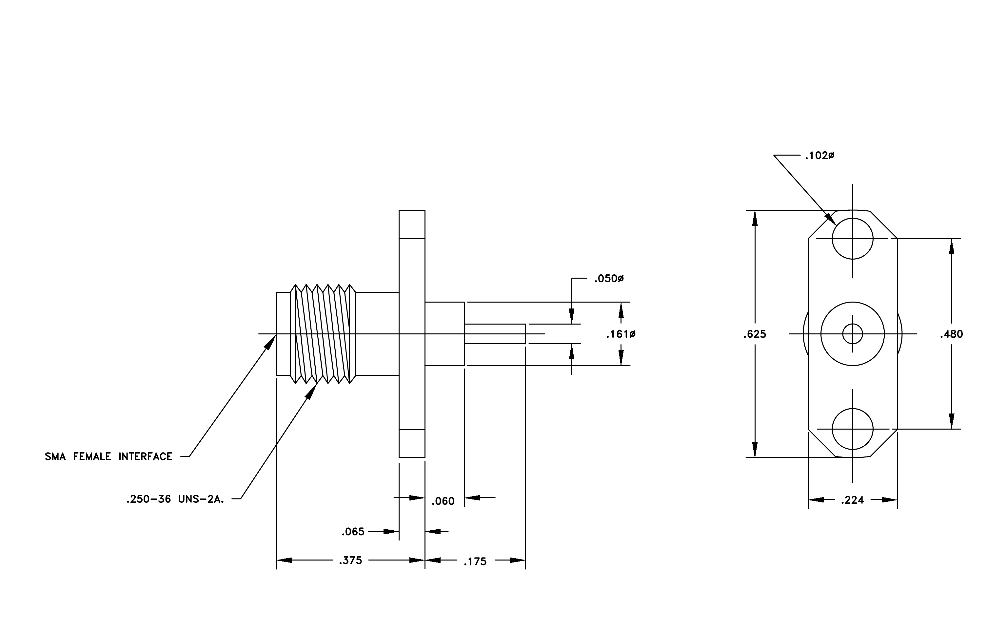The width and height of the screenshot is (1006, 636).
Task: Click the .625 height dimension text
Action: [x=755, y=334]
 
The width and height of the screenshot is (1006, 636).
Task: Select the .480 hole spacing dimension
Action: [x=951, y=334]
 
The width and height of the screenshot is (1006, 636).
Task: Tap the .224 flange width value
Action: [x=852, y=500]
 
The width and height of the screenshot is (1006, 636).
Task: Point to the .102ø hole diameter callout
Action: [x=820, y=156]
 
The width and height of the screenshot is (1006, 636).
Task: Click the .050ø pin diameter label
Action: [x=609, y=279]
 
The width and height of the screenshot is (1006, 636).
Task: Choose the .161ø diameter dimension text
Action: [x=621, y=334]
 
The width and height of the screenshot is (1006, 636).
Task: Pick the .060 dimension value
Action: [x=443, y=501]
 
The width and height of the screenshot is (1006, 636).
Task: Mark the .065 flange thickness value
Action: [x=353, y=532]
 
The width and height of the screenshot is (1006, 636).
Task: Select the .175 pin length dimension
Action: [x=475, y=562]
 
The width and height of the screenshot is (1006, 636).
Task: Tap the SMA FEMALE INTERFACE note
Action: [x=108, y=456]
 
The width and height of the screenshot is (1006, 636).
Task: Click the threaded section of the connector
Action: [x=323, y=334]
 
